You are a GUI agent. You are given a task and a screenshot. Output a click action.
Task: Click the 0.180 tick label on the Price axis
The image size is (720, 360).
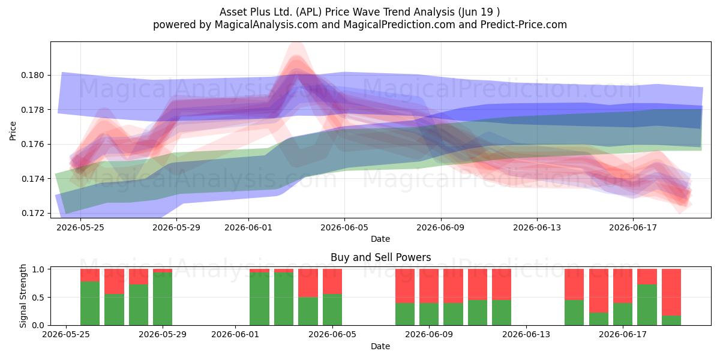point(32,75)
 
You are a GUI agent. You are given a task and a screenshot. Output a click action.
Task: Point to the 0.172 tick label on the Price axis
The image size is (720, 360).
point(32,213)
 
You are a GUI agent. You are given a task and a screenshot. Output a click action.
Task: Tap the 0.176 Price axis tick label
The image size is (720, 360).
point(32,144)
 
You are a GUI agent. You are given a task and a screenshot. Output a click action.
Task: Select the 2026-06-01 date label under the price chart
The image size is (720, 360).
point(248,227)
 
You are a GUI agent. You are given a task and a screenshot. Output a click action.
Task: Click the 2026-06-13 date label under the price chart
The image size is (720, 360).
point(537,227)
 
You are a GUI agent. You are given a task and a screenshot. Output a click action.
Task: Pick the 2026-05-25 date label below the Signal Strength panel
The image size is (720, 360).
point(66,335)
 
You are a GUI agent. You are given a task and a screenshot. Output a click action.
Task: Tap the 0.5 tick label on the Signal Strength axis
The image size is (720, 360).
point(38,298)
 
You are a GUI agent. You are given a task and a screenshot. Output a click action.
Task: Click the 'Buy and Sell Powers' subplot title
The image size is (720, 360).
point(380,257)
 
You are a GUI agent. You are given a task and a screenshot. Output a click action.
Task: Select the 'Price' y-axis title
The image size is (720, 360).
point(13,131)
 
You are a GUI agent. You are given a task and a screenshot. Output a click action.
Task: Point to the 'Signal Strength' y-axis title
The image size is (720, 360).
point(23,296)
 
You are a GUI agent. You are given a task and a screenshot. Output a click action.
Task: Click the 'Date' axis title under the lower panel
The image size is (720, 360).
point(380,346)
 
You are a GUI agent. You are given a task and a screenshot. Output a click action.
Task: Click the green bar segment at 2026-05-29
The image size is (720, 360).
point(163,299)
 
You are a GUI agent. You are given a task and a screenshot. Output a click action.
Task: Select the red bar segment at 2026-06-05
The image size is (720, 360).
point(332,281)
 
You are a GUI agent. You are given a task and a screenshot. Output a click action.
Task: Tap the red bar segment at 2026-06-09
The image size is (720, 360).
point(429,286)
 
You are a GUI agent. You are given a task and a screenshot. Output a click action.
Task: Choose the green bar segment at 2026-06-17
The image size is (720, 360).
point(623,314)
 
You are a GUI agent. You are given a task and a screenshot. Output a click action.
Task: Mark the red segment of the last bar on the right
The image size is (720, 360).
point(671,292)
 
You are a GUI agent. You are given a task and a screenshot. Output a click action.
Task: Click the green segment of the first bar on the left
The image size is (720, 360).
point(90,304)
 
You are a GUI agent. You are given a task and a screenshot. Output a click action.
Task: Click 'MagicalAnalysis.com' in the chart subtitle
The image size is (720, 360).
point(266,25)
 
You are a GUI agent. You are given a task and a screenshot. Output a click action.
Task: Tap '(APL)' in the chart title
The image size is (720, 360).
point(308,12)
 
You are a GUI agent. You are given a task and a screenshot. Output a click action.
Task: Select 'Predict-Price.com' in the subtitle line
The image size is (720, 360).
point(524,25)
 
